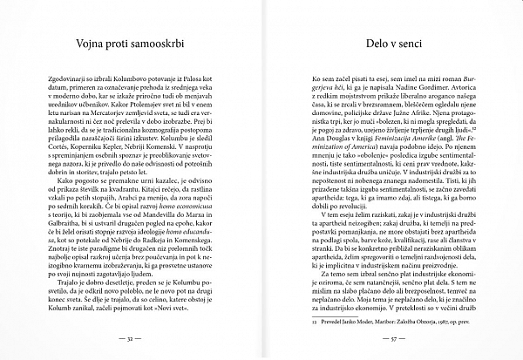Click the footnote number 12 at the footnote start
tap(303, 321)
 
